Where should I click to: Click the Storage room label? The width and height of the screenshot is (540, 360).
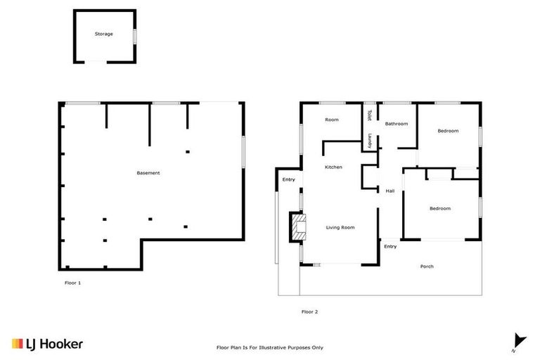(104, 34)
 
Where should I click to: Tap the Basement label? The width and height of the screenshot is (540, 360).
(148, 173)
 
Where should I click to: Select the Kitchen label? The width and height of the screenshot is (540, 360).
(333, 167)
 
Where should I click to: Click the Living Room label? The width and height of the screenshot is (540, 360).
(340, 228)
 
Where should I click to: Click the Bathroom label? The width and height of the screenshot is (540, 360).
(396, 124)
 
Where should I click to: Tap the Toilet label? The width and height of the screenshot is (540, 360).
(368, 115)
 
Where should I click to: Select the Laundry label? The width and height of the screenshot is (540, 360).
(368, 140)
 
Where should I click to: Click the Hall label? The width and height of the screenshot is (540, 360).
(390, 191)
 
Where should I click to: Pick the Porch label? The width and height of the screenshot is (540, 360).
(426, 266)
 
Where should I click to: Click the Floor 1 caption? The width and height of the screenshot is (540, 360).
(73, 283)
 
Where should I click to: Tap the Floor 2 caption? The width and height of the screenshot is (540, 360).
(309, 311)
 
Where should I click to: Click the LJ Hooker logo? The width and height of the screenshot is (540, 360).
(48, 344)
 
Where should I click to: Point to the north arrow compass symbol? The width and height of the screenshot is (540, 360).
(519, 341)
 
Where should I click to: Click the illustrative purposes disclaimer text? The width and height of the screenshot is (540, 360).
(269, 347)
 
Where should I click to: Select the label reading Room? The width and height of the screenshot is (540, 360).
(332, 120)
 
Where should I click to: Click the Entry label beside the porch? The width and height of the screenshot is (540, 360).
(390, 247)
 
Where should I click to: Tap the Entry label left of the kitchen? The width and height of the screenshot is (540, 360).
(289, 180)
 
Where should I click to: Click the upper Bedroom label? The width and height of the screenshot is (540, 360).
(448, 131)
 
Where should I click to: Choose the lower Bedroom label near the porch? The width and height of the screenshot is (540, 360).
(440, 208)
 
